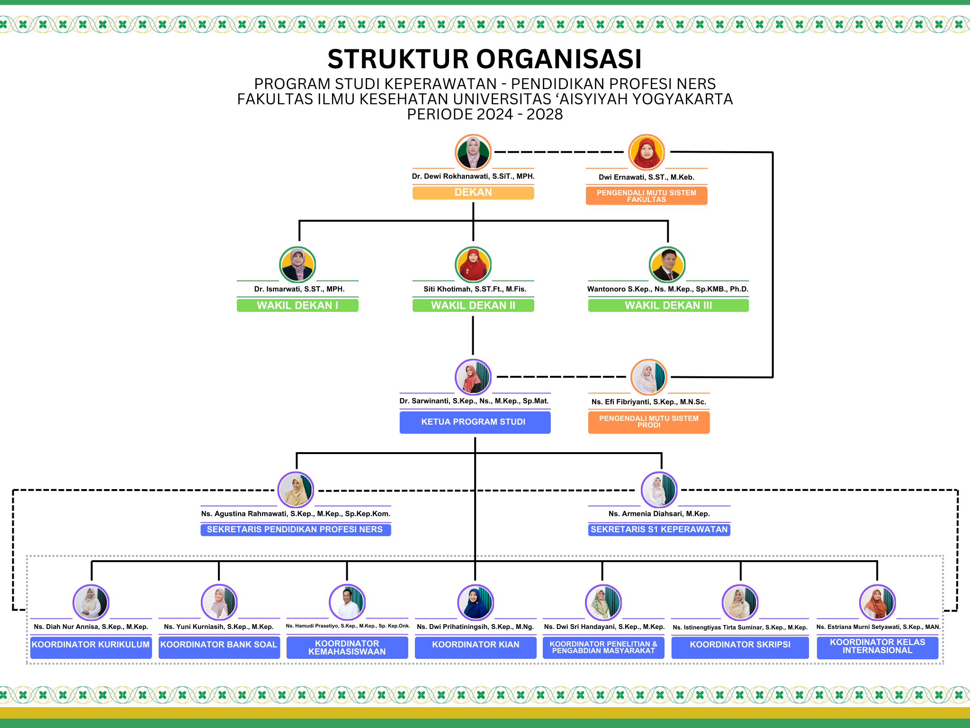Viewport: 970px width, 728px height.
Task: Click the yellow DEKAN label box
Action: [473, 192]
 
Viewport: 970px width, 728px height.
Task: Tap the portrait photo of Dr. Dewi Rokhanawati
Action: [473, 152]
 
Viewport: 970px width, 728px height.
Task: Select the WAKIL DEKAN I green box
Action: [297, 305]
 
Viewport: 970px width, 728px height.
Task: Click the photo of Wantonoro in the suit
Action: [667, 264]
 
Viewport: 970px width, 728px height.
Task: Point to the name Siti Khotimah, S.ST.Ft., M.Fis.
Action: [475, 289]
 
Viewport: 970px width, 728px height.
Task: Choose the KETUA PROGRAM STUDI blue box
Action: [475, 422]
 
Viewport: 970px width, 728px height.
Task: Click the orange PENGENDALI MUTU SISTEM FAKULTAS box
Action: [646, 196]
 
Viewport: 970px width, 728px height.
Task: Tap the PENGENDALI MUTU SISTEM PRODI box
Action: [648, 422]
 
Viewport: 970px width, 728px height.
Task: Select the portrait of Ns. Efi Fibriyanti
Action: [648, 377]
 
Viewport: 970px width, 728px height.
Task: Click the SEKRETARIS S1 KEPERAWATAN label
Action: [659, 529]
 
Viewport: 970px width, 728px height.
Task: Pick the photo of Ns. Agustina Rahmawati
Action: [296, 490]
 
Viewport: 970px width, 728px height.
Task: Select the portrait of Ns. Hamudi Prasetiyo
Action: [347, 602]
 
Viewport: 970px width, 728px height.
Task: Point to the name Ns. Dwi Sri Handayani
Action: [604, 627]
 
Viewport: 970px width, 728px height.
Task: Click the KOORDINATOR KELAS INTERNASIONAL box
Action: [877, 646]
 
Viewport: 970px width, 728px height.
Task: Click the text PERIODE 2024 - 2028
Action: [485, 114]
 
